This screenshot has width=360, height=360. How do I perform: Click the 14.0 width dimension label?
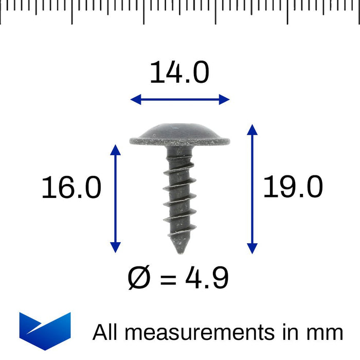[x=179, y=73]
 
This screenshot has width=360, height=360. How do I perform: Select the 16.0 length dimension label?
[x=71, y=188]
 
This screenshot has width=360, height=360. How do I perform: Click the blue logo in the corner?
[x=45, y=330]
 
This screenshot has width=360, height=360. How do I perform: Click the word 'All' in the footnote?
[x=105, y=332]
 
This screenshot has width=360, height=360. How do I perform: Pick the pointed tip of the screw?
[x=179, y=252]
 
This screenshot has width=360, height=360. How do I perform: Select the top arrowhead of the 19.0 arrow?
[x=252, y=128]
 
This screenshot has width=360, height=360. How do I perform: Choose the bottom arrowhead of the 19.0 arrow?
[x=252, y=249]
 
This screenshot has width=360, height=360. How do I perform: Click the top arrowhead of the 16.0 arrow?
[x=116, y=149]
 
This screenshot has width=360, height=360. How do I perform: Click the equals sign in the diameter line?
[x=170, y=279]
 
